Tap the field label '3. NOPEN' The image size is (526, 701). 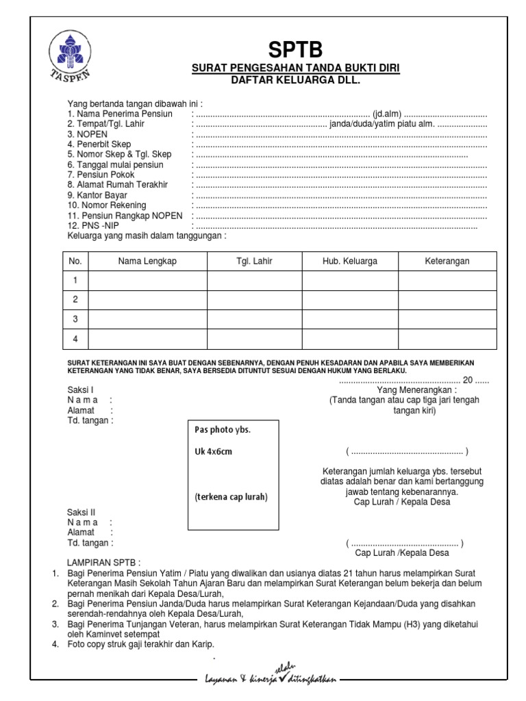tap(88, 135)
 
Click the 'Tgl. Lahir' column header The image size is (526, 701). tap(254, 262)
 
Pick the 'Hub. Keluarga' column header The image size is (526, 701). tap(350, 262)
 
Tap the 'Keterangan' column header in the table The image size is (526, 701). tap(447, 262)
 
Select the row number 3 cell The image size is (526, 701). tap(76, 319)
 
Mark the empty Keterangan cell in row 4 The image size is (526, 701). tap(447, 338)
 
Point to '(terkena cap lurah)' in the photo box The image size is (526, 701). tap(230, 497)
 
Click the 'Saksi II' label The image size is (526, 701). tap(82, 512)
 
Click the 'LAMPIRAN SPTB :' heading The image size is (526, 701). tap(103, 561)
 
